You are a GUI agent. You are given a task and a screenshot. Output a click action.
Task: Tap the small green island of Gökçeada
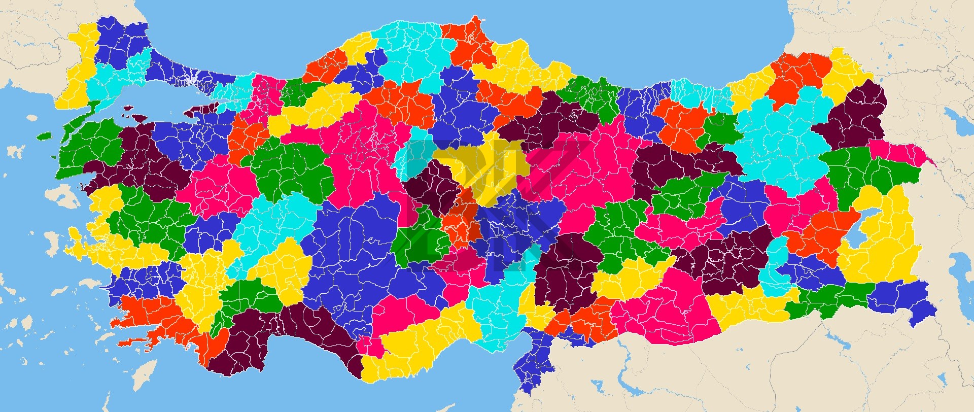click(45, 136)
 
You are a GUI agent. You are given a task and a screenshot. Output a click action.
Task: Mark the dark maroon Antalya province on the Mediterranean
click(284, 335)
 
